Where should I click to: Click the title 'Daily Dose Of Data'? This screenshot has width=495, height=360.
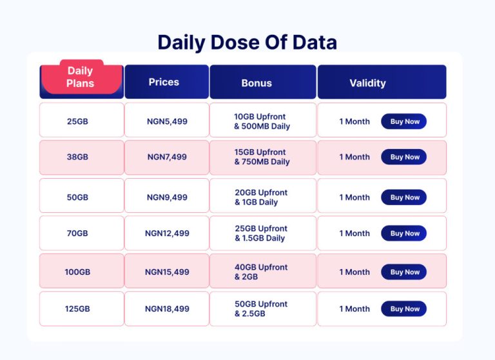[x=247, y=43]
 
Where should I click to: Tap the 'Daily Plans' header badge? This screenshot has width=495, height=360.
[x=81, y=77]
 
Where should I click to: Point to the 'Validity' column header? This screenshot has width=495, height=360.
[x=367, y=83]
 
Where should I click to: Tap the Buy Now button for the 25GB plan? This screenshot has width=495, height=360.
[x=404, y=121]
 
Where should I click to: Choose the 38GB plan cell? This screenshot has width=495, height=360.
[x=77, y=157]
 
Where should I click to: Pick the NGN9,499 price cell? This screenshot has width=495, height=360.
[x=167, y=197]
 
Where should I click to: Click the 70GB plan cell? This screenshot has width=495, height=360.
[x=77, y=234]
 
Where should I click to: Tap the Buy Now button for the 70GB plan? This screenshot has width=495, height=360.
[x=404, y=234]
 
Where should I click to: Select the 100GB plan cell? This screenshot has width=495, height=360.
[x=77, y=272]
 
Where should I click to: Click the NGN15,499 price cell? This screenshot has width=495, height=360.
[x=167, y=272]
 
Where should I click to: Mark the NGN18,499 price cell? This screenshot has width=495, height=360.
[x=167, y=309]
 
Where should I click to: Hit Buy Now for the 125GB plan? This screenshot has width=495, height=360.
[x=404, y=309]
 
